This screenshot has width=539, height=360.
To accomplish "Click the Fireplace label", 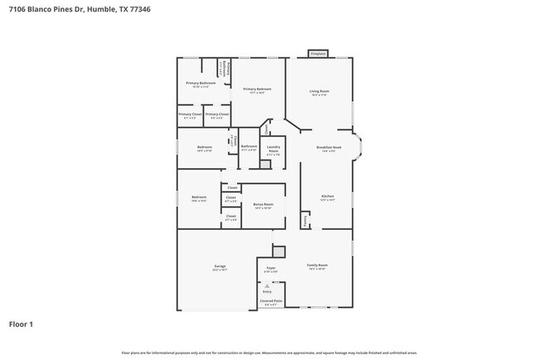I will (317, 53).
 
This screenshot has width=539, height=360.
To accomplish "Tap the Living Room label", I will (319, 91).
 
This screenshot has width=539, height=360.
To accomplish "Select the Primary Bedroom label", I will (257, 89).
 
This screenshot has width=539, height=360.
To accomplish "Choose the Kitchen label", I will (327, 197).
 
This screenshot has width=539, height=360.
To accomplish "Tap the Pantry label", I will (305, 220).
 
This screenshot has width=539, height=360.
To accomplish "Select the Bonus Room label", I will (264, 202).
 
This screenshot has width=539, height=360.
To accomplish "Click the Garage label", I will (220, 266).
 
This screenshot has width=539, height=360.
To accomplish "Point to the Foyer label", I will (270, 268).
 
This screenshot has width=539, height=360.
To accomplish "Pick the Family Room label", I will (318, 266).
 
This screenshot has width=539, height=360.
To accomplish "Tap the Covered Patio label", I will (272, 301).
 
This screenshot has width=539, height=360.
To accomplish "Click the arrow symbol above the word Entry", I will (267, 285).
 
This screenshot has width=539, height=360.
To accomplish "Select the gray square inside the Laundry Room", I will (265, 164).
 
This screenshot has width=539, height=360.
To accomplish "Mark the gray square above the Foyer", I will (279, 251).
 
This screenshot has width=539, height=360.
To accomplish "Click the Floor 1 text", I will (21, 324).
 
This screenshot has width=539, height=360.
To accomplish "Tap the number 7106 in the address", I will (16, 9).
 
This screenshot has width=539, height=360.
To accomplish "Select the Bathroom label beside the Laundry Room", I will (249, 147).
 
